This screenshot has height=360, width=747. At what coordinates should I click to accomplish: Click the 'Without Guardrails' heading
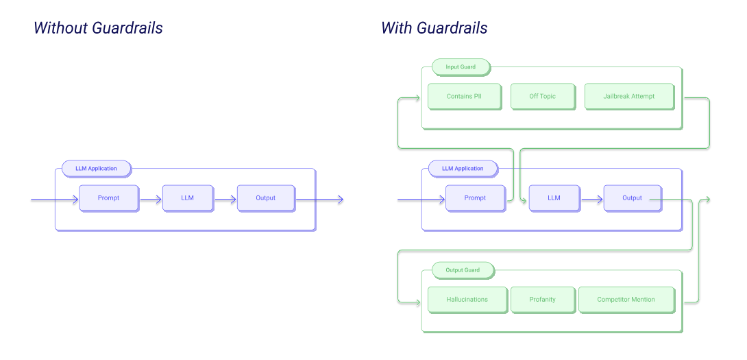click(98, 28)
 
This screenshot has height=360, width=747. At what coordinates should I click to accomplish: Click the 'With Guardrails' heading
click(434, 28)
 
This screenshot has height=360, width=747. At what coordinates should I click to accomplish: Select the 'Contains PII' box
click(464, 97)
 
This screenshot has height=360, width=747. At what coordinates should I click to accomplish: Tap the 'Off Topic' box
click(542, 97)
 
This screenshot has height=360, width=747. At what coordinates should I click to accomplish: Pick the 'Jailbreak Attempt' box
click(628, 97)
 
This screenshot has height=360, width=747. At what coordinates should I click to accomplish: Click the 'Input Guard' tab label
click(461, 67)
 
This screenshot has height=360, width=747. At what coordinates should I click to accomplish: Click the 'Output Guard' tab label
click(463, 270)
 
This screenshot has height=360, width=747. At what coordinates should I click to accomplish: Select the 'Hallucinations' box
click(467, 300)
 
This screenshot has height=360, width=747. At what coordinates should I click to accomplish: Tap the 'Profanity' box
click(542, 300)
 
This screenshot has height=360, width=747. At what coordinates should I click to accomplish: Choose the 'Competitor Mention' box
click(626, 300)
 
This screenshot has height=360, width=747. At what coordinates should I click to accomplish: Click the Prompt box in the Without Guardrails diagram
click(108, 198)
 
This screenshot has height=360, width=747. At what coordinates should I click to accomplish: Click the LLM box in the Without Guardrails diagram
click(187, 198)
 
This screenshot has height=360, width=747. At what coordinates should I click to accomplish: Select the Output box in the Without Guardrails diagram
click(265, 198)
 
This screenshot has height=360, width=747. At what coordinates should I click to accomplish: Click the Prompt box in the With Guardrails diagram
click(475, 198)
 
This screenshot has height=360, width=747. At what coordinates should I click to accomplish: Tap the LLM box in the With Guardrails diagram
click(554, 198)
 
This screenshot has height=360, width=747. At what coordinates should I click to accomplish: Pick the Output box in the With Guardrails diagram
click(632, 198)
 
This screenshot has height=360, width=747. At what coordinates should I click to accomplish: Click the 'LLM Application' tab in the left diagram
click(96, 169)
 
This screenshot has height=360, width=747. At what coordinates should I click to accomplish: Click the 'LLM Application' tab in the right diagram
click(463, 169)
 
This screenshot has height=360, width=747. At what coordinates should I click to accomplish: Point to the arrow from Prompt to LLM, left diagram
click(151, 200)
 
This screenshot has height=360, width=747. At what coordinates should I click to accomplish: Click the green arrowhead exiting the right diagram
click(707, 200)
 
